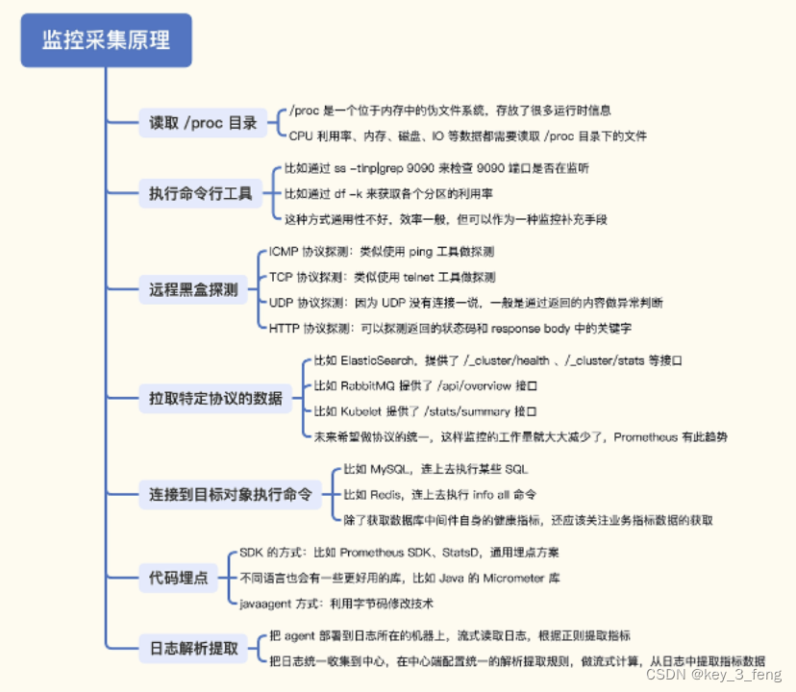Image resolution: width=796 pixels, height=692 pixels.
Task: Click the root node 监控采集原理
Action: [106, 40]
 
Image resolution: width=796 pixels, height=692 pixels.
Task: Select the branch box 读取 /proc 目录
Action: [203, 123]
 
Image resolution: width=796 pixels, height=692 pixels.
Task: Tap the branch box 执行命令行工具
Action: [200, 193]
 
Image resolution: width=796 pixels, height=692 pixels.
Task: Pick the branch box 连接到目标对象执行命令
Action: [231, 495]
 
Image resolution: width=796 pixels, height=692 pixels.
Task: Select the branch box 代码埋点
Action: [179, 578]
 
